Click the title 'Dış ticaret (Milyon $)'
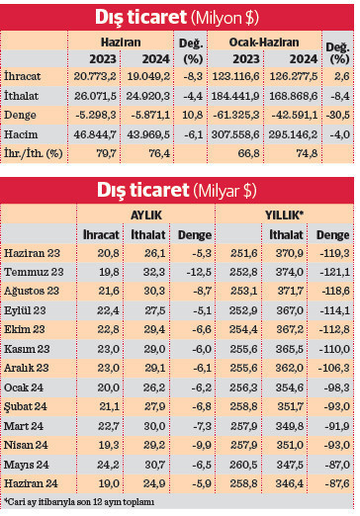pos(179,16)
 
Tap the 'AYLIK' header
pos(146,214)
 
